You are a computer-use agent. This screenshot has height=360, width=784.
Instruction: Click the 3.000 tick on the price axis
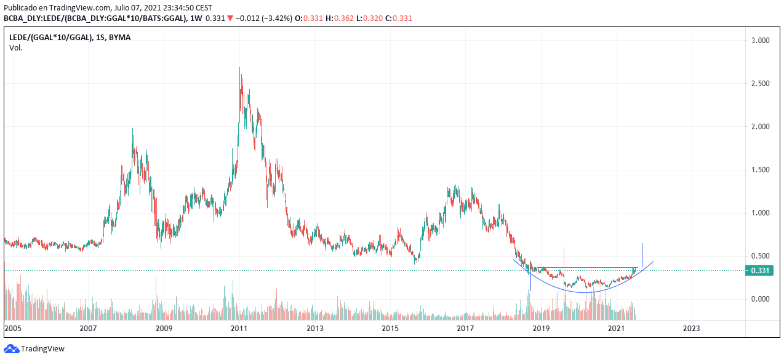[761, 41]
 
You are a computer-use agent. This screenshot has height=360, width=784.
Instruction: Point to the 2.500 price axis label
[761, 84]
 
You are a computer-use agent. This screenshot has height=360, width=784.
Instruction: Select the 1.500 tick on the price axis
[761, 170]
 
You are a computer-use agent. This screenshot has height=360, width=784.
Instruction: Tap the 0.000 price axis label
[761, 299]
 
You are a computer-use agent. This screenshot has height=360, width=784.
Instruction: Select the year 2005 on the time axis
[13, 329]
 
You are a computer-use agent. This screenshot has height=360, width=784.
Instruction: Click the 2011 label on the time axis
[239, 329]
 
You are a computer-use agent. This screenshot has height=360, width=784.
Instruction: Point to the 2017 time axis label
[465, 329]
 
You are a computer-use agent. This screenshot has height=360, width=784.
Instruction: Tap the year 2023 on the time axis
[691, 329]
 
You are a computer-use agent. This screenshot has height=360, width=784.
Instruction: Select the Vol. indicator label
[15, 47]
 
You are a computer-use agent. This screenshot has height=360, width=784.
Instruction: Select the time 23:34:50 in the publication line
[161, 7]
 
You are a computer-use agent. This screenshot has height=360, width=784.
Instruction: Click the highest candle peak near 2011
[240, 68]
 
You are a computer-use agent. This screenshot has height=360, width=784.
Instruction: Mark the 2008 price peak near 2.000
[133, 129]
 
